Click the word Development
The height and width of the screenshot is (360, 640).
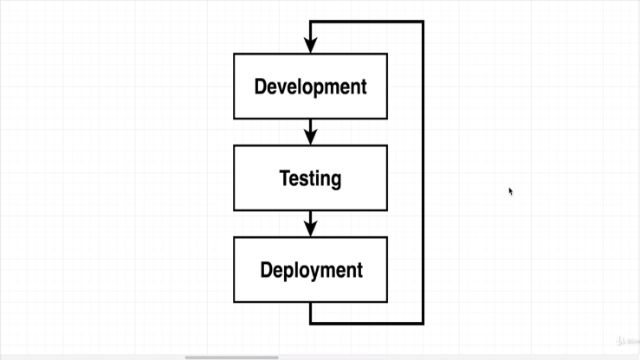[310, 87]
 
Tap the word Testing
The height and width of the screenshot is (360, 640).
[310, 178]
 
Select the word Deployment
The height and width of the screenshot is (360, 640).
[311, 270]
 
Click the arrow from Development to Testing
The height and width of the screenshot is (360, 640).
[311, 132]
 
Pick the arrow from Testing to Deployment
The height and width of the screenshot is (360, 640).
[311, 223]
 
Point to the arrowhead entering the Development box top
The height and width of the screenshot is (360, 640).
[311, 47]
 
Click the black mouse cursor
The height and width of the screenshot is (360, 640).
[510, 191]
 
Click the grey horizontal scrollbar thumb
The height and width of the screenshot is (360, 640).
[231, 357]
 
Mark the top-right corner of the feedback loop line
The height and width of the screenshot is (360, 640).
[423, 22]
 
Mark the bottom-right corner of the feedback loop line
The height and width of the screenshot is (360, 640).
[423, 323]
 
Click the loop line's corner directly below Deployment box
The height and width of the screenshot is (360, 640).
[311, 323]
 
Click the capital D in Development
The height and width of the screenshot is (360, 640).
[260, 87]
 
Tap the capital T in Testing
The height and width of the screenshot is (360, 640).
[285, 178]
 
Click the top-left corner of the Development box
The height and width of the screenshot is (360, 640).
[234, 54]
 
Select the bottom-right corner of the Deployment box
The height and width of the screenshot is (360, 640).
[387, 302]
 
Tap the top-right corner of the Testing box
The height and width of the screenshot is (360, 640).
[387, 145]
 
